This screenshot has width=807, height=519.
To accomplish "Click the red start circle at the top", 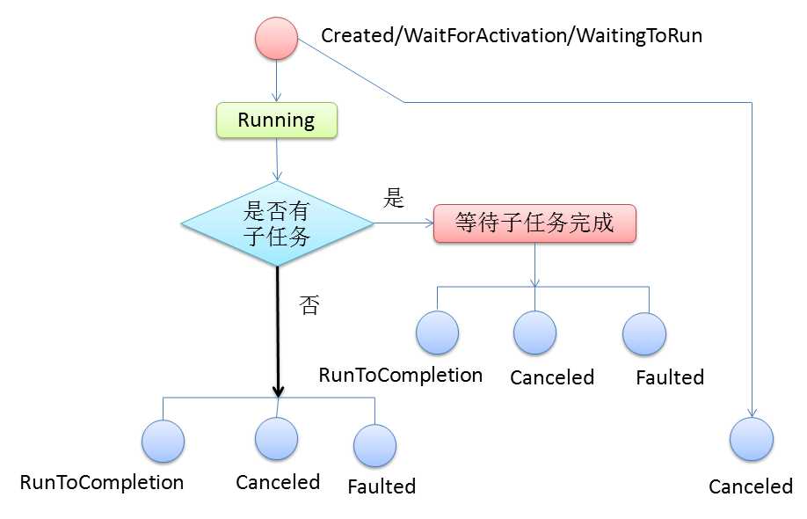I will click(276, 39).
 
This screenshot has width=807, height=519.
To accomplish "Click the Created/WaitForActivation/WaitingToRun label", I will click(512, 36).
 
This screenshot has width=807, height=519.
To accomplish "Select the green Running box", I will click(276, 121).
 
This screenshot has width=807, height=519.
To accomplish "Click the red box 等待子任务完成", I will click(534, 223).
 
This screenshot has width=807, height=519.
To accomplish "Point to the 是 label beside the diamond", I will click(393, 199).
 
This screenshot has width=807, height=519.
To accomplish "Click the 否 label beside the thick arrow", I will click(309, 306).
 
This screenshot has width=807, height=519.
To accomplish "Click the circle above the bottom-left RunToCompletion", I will click(163, 442).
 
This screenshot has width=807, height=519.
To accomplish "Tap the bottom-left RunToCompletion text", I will click(102, 482).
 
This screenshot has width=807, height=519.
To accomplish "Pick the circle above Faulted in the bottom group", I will click(374, 445).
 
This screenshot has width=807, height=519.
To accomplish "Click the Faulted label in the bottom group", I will click(382, 486).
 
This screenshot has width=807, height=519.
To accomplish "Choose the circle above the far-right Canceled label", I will click(752, 439).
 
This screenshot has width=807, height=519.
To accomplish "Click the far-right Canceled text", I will click(751, 486).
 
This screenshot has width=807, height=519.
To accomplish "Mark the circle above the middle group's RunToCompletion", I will click(438, 333).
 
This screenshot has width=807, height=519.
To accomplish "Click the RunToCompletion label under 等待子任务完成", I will click(401, 375).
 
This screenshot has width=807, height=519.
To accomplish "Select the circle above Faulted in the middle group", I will click(644, 333).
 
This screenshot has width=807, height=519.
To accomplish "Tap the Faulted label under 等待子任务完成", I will click(670, 377).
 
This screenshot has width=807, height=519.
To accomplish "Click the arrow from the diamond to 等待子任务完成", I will click(403, 223).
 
